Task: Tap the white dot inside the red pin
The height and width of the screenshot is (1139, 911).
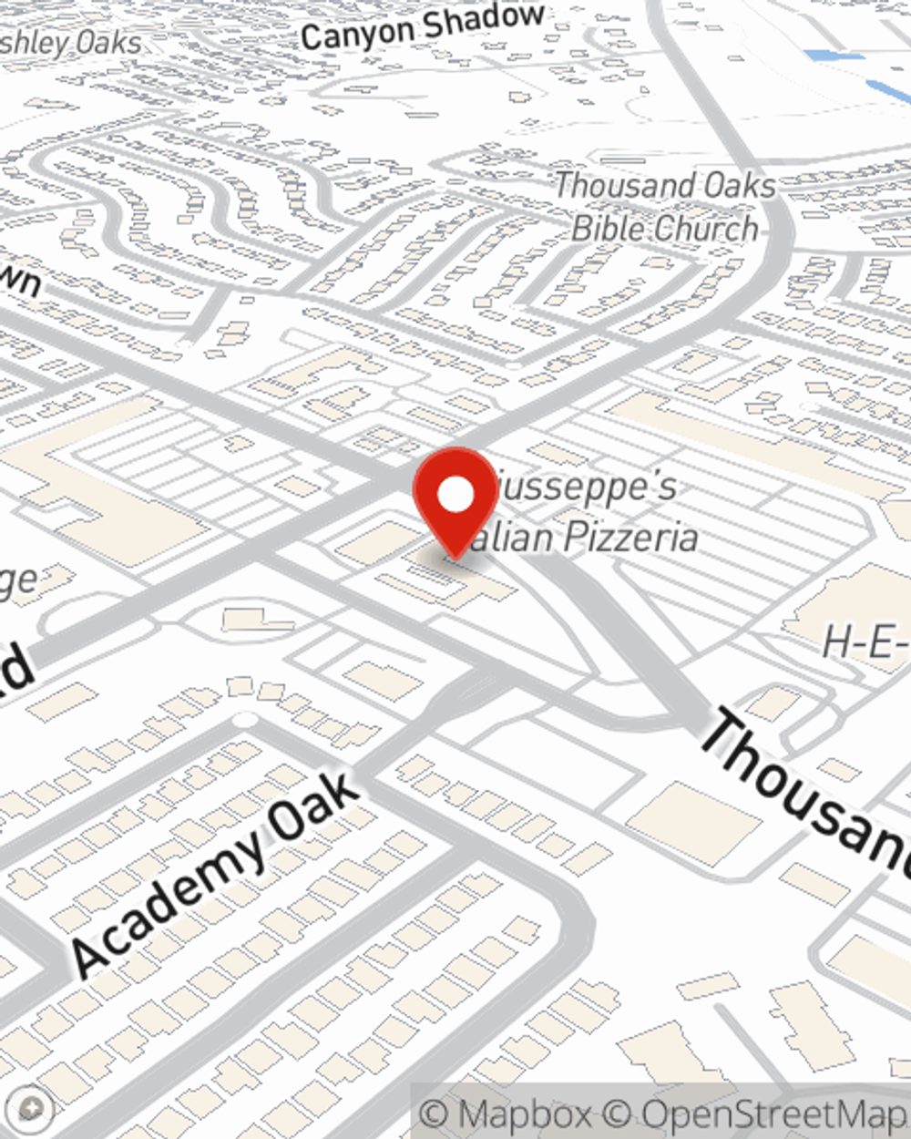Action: pyautogui.click(x=456, y=495)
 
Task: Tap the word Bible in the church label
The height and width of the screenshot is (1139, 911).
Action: pyautogui.click(x=609, y=228)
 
